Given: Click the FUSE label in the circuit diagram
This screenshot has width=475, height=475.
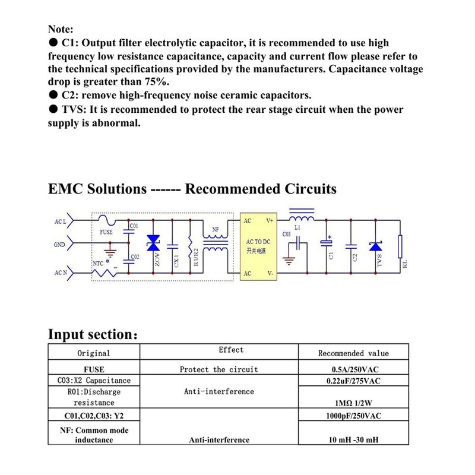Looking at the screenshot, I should coord(106,232).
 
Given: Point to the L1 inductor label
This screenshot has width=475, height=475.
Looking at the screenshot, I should coord(298,227).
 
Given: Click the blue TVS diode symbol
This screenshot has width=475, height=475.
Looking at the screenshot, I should coord(375,246).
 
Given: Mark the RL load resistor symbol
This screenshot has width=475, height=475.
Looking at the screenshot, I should coord(401,244).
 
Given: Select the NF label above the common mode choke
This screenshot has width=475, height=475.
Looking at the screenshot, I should coord(214,229).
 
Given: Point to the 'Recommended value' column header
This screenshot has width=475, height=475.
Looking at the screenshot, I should coord(353,353).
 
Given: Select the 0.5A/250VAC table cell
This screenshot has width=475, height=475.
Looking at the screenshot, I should coord(353,369).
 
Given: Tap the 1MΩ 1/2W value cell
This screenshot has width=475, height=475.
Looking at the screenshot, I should coord(353,401).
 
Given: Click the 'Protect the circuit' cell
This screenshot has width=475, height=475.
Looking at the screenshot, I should coord(219,369).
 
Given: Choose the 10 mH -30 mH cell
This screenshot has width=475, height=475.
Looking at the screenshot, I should coord(353,440).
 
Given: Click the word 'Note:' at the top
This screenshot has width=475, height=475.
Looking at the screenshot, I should coord(61,29).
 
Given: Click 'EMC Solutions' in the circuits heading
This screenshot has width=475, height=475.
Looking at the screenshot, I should coord(97,189).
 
